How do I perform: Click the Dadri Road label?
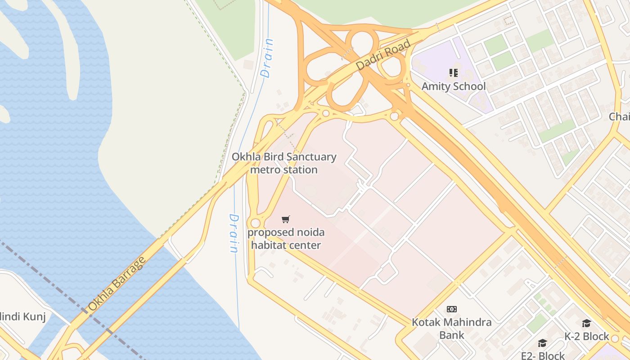click(x=383, y=55)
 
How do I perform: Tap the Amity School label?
click(x=454, y=86)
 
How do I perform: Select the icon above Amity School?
click(x=453, y=72)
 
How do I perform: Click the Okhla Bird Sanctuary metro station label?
click(x=284, y=163)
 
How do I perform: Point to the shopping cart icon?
click(x=285, y=220)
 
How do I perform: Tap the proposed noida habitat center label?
click(x=286, y=239)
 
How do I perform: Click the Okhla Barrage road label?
click(x=117, y=284)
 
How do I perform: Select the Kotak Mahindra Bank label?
click(x=452, y=328)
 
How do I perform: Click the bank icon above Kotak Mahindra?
click(x=452, y=309)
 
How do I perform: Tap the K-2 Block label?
click(x=586, y=337)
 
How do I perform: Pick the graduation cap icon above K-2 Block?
click(x=586, y=324)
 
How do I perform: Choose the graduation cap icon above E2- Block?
click(x=542, y=343)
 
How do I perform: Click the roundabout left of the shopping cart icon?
click(x=256, y=223)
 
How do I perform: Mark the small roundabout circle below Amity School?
click(x=395, y=117)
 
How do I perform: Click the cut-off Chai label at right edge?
click(x=619, y=117)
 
